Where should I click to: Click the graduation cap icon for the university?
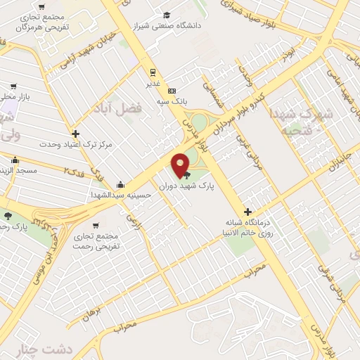[167, 15]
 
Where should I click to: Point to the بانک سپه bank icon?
[172, 91]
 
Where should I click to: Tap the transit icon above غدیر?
[153, 72]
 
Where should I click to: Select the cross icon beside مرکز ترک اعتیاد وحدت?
[75, 134]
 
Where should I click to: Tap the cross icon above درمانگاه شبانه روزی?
[247, 212]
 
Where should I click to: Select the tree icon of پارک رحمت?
[8, 215]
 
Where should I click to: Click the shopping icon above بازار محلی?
[13, 86]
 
